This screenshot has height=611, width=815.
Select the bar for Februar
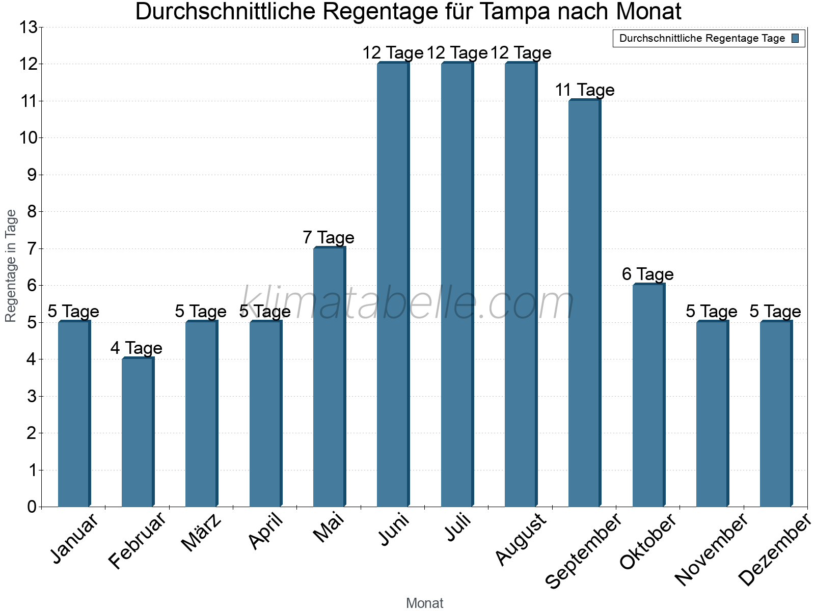[138, 433]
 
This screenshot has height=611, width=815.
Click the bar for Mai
[329, 377]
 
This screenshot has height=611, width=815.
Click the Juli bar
[457, 285]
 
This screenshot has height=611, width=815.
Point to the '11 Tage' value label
[584, 90]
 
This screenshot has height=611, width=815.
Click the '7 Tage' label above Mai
[329, 238]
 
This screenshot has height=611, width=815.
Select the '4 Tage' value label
[137, 348]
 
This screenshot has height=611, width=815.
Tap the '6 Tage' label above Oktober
[648, 274]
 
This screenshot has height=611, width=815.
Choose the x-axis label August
[521, 540]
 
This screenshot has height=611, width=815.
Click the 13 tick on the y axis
[28, 27]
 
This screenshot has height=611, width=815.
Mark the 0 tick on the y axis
[32, 507]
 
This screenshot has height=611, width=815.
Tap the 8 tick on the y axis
[32, 212]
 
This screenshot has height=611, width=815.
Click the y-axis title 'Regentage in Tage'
[11, 266]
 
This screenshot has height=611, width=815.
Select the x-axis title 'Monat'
[424, 603]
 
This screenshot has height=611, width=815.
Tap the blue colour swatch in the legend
[795, 38]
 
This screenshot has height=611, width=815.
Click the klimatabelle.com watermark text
[407, 304]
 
